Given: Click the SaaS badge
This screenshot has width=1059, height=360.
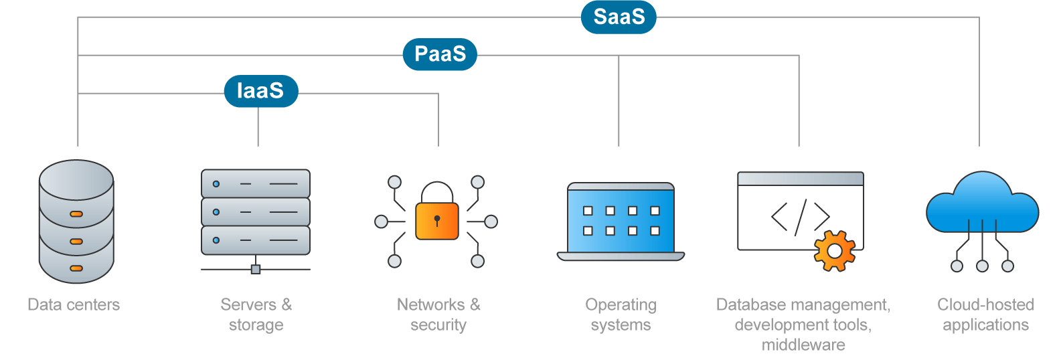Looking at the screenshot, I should [619, 17].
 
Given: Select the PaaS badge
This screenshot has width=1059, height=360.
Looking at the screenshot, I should [440, 54].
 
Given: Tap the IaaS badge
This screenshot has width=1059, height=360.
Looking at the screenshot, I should [260, 91].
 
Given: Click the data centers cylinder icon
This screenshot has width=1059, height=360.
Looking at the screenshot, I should [76, 221].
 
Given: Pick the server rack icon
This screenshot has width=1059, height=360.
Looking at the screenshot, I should [256, 212].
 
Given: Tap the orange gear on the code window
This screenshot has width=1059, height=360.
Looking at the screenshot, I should [834, 251].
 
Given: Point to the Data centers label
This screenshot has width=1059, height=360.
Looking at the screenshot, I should [74, 305].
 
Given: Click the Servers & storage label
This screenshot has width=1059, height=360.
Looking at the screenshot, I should [256, 314].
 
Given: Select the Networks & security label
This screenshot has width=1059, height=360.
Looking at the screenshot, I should [438, 314].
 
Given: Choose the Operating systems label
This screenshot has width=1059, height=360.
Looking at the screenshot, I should [621, 314].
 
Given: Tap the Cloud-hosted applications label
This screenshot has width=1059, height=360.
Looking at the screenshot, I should [985, 314].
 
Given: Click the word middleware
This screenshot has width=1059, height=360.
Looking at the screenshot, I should [803, 345].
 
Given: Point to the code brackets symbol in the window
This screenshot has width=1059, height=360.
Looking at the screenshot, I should [800, 217].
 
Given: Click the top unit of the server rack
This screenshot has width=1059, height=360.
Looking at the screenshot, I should [256, 183].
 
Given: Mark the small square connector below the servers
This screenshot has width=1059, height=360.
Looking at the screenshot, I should [255, 269].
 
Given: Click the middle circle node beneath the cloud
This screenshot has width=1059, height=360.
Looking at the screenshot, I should [982, 266].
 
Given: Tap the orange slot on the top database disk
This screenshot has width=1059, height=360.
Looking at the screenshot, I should [76, 214].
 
